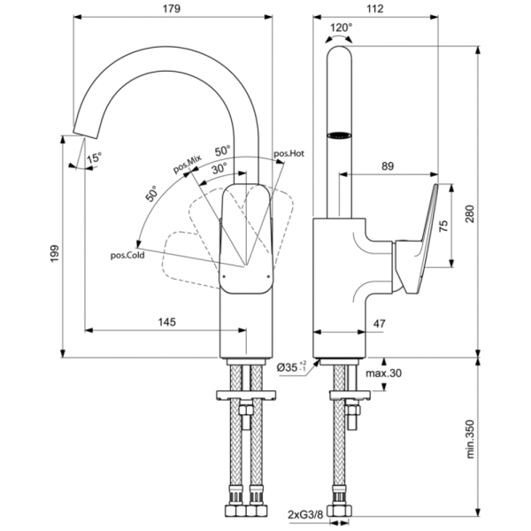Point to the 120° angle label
(x=341, y=28)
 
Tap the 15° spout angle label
(x=93, y=157)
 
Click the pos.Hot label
(x=289, y=153)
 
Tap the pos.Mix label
(x=187, y=163)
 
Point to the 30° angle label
(x=218, y=166)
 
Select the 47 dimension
(x=378, y=324)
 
